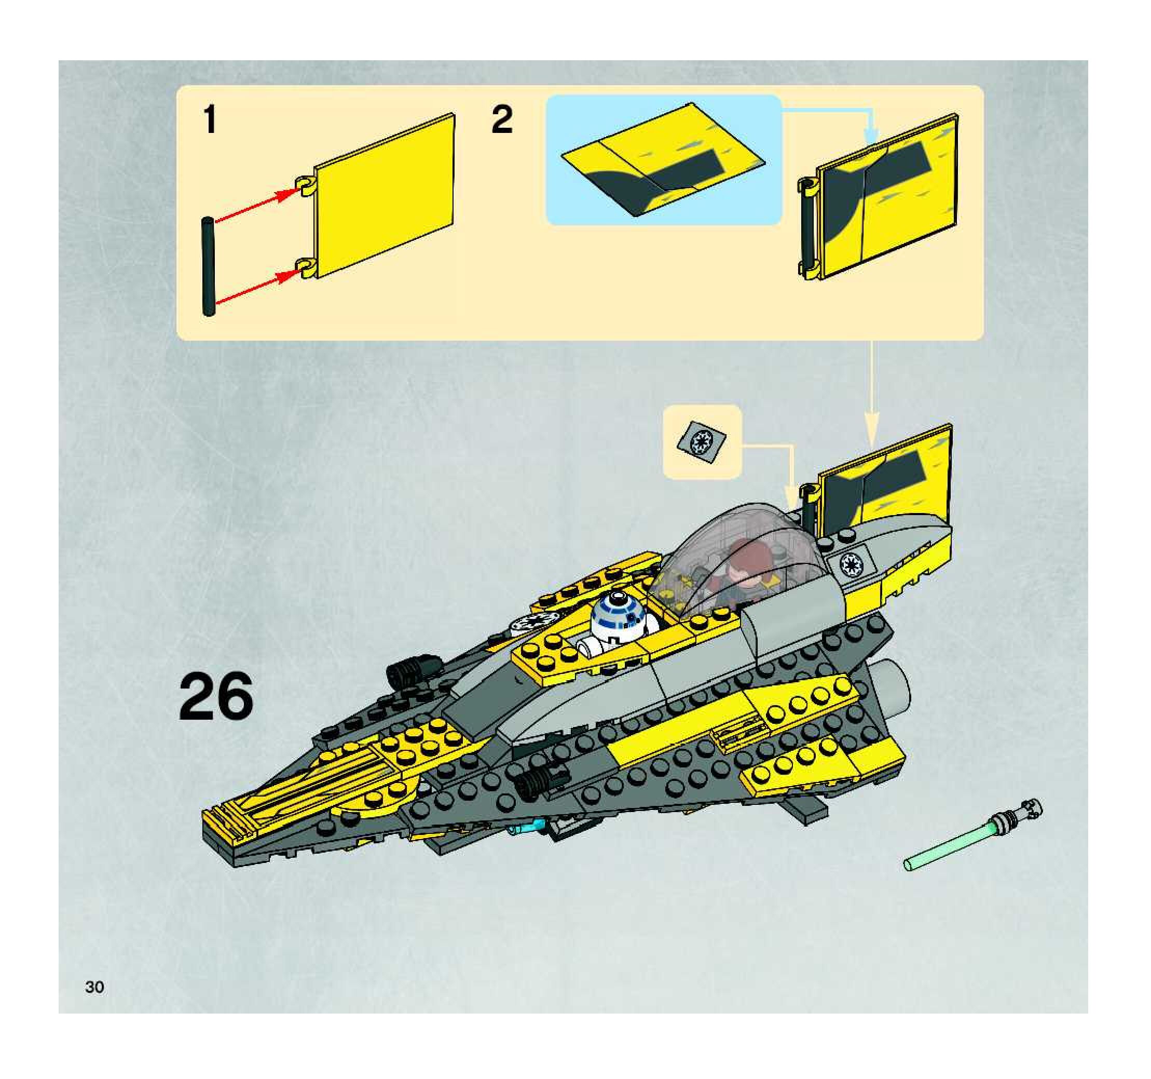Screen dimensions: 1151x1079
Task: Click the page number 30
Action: click(94, 987)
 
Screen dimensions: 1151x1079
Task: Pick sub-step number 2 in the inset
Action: click(502, 120)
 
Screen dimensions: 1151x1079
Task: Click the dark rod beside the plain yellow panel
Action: click(209, 266)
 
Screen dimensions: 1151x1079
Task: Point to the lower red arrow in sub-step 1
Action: click(255, 288)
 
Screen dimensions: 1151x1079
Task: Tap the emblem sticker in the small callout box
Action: click(702, 443)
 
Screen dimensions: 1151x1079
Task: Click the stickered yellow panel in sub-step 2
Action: click(886, 197)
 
